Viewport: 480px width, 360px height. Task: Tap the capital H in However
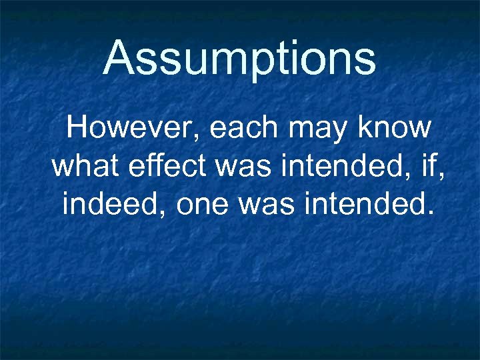pyautogui.click(x=79, y=127)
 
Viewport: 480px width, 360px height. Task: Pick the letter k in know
pyautogui.click(x=369, y=127)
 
